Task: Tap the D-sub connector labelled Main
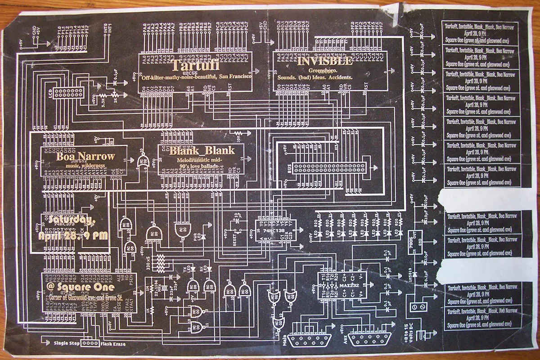pyautogui.click(x=310, y=339)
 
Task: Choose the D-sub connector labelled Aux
pyautogui.click(x=370, y=339)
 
